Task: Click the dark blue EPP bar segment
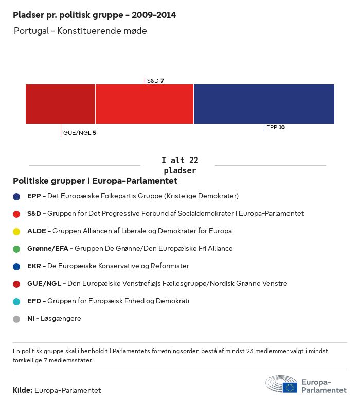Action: [264, 104]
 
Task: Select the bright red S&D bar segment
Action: [145, 104]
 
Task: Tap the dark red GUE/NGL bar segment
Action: [60, 104]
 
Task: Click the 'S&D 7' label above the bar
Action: [155, 81]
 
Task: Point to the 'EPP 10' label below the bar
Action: [275, 127]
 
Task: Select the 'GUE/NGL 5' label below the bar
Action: [79, 133]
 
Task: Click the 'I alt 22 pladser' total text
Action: [179, 165]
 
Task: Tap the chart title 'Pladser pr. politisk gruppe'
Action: [94, 15]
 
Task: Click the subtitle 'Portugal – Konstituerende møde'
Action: [80, 31]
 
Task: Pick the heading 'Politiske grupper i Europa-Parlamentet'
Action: [95, 181]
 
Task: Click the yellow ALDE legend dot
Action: [16, 231]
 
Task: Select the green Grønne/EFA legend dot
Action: [16, 249]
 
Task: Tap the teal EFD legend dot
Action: [16, 301]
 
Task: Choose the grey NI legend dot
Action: [16, 319]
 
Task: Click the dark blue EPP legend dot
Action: [16, 196]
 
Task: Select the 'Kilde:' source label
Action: [23, 390]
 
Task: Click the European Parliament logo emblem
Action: [281, 384]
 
